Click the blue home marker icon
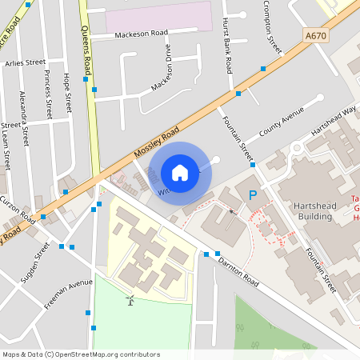coord(180,173)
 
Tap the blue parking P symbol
coord(253,194)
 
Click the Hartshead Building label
coord(312,210)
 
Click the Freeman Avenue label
coord(68,293)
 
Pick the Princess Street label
coord(49,94)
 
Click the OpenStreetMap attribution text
coord(81,354)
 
